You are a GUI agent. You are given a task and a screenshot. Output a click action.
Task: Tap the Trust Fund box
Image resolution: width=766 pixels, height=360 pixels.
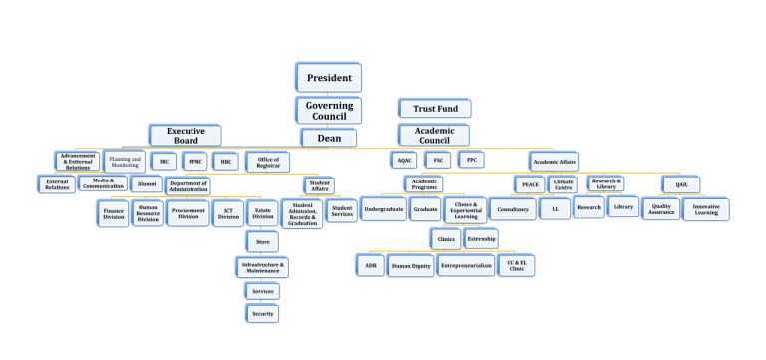[434, 108]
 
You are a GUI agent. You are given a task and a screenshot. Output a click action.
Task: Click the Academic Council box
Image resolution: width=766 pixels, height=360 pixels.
[434, 136]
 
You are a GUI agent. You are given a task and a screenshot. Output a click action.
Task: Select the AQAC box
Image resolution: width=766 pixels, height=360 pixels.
[404, 160]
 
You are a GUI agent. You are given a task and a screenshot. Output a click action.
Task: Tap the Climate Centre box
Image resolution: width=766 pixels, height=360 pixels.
[564, 184]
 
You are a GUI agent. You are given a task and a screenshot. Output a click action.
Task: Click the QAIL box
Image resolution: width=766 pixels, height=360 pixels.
[681, 184]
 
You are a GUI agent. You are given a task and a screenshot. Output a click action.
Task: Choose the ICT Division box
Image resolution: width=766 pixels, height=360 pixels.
[228, 212]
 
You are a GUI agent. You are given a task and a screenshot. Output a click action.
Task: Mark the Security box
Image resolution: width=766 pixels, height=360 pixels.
[262, 313]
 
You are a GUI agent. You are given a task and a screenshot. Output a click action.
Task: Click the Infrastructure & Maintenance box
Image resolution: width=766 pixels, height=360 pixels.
[262, 266]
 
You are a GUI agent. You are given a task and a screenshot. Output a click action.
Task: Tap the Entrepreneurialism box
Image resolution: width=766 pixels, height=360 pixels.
[466, 266]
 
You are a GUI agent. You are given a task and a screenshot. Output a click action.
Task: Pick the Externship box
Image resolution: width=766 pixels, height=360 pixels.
[480, 238]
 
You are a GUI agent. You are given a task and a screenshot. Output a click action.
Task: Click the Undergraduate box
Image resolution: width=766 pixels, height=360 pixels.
[383, 210]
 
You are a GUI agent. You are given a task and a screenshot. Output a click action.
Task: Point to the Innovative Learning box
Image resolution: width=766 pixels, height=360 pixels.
[706, 209]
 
